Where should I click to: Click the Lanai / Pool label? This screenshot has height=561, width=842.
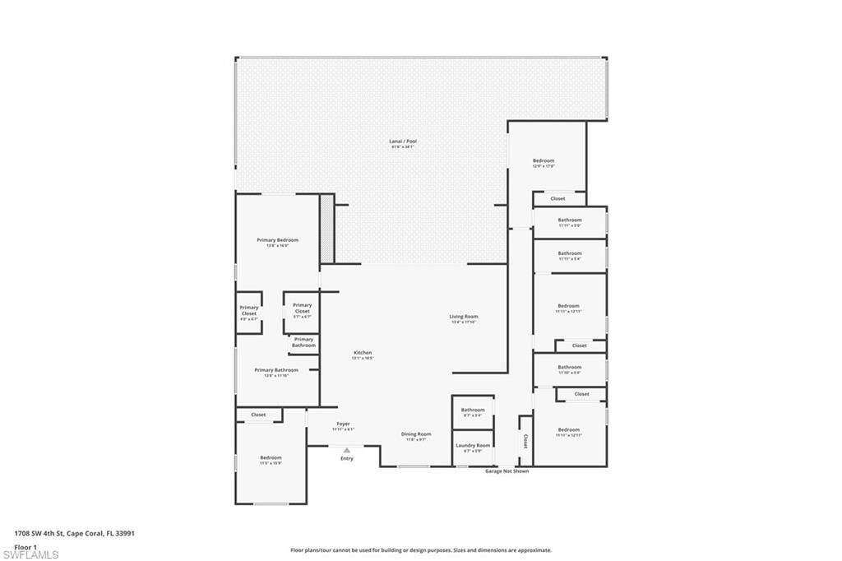pyautogui.click(x=403, y=141)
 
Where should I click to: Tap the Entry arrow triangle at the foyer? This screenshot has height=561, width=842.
pyautogui.click(x=347, y=450)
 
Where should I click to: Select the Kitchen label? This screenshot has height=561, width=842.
pyautogui.click(x=363, y=353)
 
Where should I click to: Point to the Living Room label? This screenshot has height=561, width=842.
pyautogui.click(x=463, y=317)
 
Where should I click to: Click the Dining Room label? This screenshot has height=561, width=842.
pyautogui.click(x=415, y=434)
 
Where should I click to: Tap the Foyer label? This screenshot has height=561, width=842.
pyautogui.click(x=343, y=424)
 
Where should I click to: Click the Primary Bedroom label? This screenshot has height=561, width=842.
pyautogui.click(x=277, y=240)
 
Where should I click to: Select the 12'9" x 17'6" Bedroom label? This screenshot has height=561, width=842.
pyautogui.click(x=544, y=161)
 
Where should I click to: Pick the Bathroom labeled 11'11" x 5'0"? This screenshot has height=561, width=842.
pyautogui.click(x=569, y=220)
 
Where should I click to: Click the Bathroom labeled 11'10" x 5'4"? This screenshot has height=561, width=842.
pyautogui.click(x=569, y=368)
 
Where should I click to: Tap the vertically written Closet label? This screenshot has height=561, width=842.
pyautogui.click(x=525, y=441)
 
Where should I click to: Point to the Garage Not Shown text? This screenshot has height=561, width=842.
pyautogui.click(x=507, y=471)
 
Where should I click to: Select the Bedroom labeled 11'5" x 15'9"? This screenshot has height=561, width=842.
pyautogui.click(x=271, y=458)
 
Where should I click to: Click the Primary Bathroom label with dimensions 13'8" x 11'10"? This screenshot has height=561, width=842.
pyautogui.click(x=275, y=371)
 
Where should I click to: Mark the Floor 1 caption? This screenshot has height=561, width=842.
pyautogui.click(x=25, y=546)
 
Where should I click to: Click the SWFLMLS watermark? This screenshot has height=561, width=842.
pyautogui.click(x=30, y=554)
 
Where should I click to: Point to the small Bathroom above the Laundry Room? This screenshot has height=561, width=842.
pyautogui.click(x=473, y=410)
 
